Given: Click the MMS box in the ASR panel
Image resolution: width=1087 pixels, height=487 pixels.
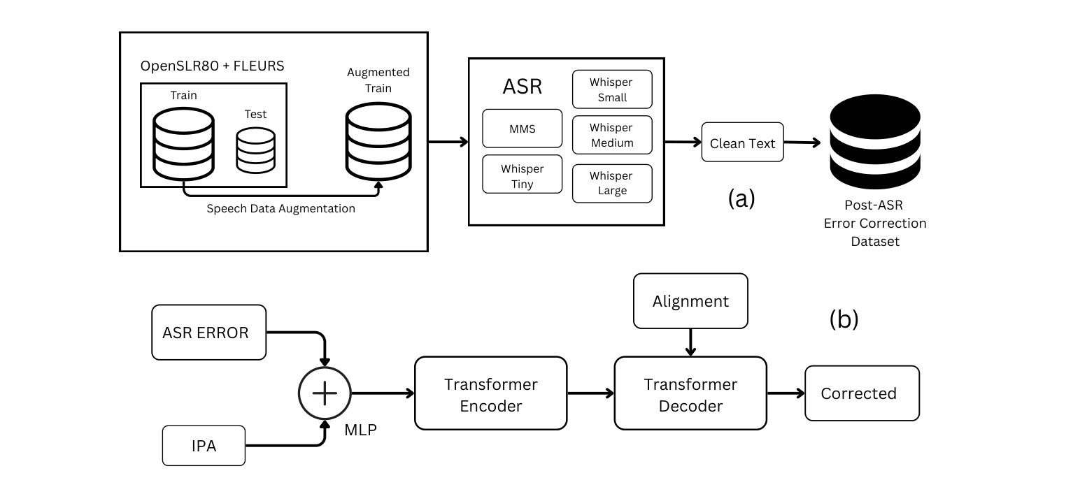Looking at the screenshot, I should coord(522,129).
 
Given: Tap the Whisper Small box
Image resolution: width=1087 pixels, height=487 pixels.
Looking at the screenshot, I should coord(612,89).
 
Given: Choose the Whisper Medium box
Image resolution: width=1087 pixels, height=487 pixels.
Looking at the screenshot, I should coord(612,135).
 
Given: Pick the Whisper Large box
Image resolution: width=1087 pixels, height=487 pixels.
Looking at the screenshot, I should coord(612,183).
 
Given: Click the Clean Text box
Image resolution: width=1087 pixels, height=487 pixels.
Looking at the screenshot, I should coord(742,143).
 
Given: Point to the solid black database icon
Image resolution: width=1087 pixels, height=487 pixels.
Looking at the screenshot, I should coord(874,143).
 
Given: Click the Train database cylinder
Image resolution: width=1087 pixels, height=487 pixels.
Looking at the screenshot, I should coord(183,143).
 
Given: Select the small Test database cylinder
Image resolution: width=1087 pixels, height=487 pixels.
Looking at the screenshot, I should coord(255,150).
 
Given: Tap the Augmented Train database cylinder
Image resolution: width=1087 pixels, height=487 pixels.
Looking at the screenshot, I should coord(378,140).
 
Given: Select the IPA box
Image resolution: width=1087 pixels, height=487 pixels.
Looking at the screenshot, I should coord(204,446).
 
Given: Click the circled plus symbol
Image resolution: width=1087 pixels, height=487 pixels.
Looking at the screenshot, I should coord(325,393).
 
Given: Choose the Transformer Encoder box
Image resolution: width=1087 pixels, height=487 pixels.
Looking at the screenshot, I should coord(490,393).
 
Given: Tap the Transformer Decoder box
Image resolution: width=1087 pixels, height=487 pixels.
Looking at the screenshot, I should coord(690,393).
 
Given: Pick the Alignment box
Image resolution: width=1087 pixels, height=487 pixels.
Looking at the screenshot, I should coord(690,301).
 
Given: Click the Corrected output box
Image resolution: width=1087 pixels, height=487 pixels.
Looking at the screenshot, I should coord(861,393).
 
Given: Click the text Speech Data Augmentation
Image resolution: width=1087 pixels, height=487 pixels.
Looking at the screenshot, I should coord(280,209).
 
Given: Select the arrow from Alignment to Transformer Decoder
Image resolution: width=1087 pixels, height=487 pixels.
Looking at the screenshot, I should coord(690,342).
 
